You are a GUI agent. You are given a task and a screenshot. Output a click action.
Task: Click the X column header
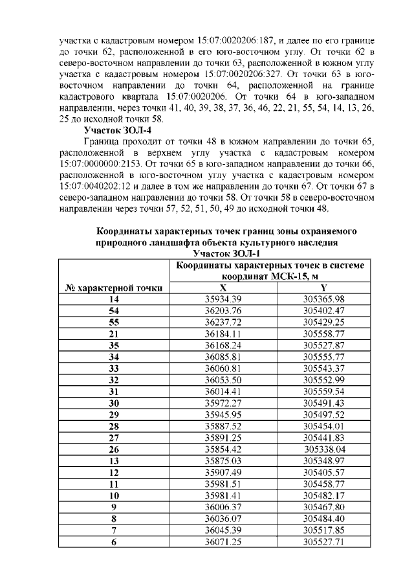223,287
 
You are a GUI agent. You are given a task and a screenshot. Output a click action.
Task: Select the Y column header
323,287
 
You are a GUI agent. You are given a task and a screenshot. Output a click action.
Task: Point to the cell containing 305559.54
323,391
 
